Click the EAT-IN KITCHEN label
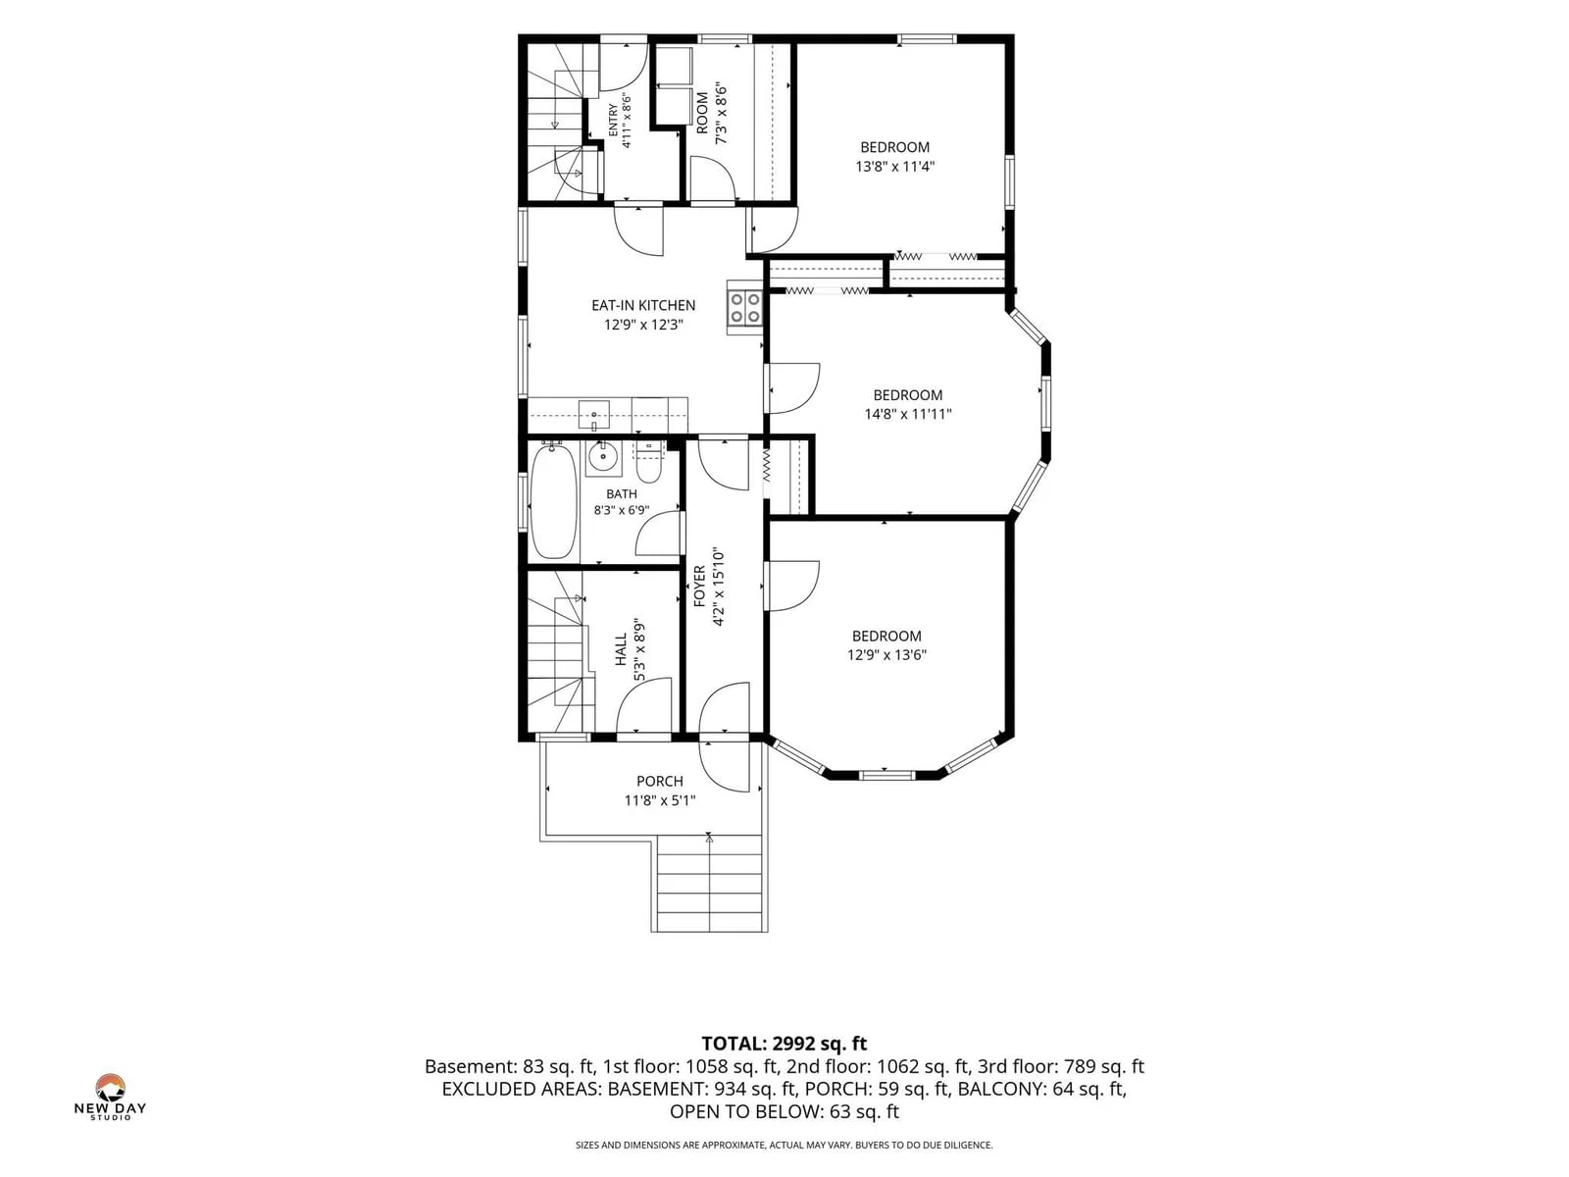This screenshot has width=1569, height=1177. click(x=642, y=305)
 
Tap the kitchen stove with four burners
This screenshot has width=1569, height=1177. click(x=745, y=307)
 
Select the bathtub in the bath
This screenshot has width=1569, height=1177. click(x=553, y=501)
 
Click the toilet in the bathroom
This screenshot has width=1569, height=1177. click(x=649, y=465)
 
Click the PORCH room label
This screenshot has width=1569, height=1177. click(x=659, y=781)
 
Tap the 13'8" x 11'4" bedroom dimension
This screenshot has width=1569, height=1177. click(x=894, y=167)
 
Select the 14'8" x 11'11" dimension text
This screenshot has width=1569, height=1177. click(x=907, y=414)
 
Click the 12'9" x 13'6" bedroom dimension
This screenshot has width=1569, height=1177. click(x=886, y=654)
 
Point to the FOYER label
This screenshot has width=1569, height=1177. click(x=699, y=586)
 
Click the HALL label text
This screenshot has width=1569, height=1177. click(x=621, y=649)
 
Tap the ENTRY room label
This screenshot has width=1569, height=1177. click(x=613, y=120)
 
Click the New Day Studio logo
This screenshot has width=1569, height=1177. click(x=110, y=1097)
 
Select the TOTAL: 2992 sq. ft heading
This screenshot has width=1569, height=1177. click(x=784, y=1044)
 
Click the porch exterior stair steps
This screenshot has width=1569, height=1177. click(x=708, y=883)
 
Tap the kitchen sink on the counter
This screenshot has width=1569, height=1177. click(x=593, y=416)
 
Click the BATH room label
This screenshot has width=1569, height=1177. click(x=621, y=493)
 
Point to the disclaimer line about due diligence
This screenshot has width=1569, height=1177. click(x=784, y=1145)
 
